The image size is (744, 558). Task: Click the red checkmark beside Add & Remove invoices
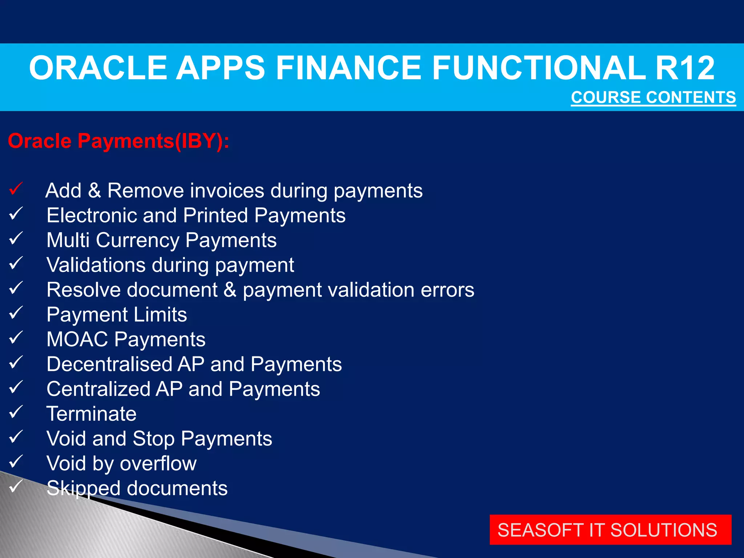(x=16, y=189)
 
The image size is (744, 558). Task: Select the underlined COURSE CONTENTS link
(x=653, y=97)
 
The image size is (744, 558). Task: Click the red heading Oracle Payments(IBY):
(x=118, y=141)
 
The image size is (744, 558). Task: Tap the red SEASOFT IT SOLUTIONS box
(x=610, y=530)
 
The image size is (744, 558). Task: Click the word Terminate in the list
(x=92, y=414)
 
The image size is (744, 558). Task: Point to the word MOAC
(x=77, y=339)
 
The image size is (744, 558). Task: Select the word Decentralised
(x=109, y=364)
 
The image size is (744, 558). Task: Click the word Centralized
(x=98, y=389)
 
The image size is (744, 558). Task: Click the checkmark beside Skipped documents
(x=16, y=486)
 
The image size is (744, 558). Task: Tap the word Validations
(x=96, y=265)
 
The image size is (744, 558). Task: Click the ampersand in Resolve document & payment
(x=230, y=290)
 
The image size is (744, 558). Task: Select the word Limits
(x=160, y=315)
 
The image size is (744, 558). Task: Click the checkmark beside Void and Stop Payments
(x=16, y=437)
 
